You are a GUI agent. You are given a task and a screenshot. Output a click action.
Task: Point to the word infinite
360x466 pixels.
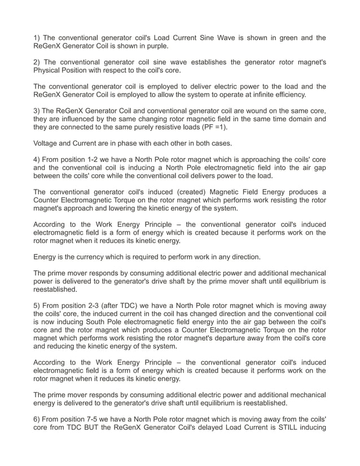(x=267, y=94)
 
